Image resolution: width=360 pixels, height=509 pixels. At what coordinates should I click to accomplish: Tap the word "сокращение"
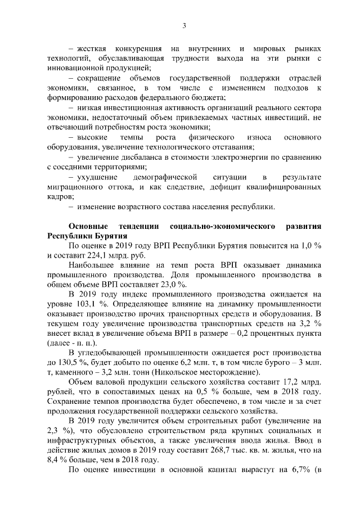point(96,77)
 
